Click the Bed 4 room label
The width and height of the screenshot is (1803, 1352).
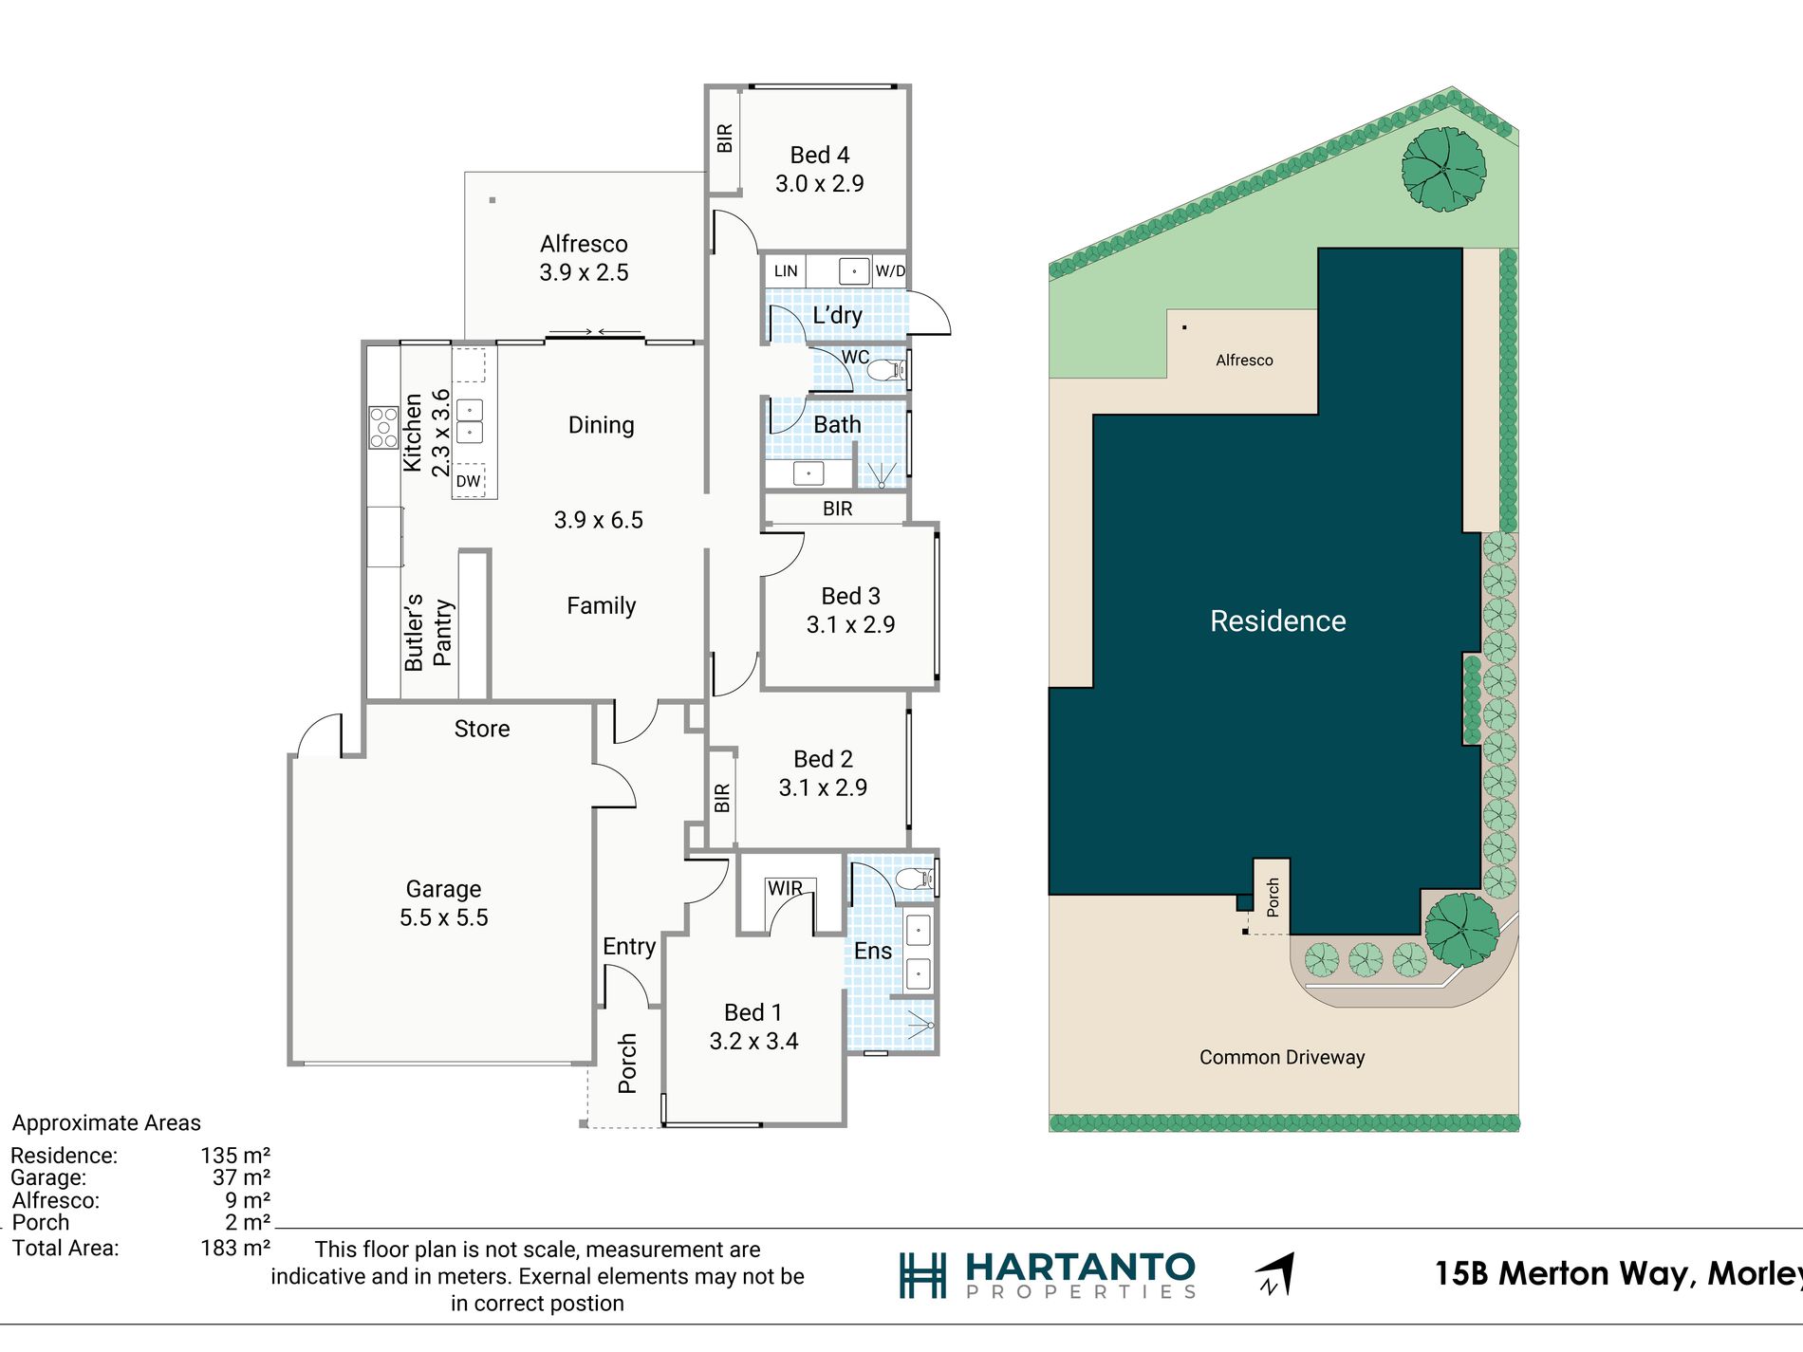(820, 155)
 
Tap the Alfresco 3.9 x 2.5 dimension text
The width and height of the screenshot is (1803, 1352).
(584, 273)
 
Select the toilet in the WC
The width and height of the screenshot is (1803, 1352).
(886, 370)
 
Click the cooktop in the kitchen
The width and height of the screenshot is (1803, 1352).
(383, 427)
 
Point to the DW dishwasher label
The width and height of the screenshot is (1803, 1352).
(468, 481)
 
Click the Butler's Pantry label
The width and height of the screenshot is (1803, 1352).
(428, 633)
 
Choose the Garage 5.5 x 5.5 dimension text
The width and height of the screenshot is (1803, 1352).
(444, 918)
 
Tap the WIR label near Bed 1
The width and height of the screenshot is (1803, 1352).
(785, 888)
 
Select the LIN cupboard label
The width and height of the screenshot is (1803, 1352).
(786, 271)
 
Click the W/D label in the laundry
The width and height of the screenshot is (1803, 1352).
(890, 271)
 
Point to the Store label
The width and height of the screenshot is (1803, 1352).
(482, 729)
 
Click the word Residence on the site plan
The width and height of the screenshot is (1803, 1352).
(1278, 620)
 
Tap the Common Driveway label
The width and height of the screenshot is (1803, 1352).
(1282, 1057)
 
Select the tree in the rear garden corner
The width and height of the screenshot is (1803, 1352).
(1443, 169)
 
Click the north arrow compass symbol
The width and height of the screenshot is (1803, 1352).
(1275, 1274)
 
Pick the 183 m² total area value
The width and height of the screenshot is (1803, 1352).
(235, 1248)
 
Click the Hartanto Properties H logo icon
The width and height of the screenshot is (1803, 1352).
(922, 1275)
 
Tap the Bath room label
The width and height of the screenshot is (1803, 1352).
(838, 425)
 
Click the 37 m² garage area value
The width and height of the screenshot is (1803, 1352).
(242, 1177)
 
